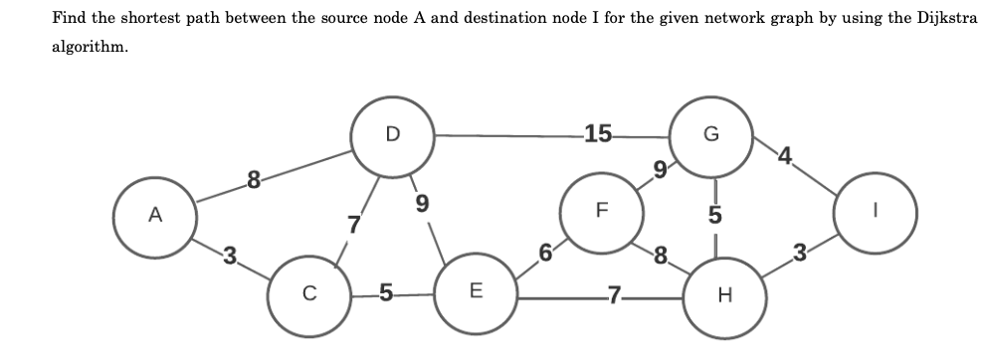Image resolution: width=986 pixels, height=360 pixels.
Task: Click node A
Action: point(154,214)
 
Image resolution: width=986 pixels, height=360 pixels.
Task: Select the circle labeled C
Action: point(309,292)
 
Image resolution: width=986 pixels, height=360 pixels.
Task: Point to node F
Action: point(599,211)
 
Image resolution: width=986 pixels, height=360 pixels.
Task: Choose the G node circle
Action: point(708,135)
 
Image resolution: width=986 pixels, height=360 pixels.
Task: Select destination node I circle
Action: point(873,212)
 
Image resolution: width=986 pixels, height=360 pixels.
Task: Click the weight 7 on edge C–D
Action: point(352,225)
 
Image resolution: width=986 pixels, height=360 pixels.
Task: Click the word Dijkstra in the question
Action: point(945,19)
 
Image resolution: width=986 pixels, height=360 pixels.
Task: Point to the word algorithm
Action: point(89,48)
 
